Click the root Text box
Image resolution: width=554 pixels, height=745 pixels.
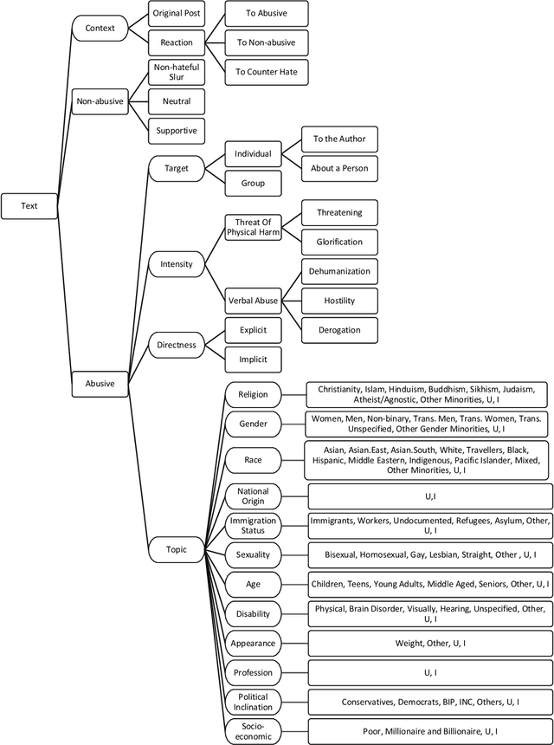click(29, 206)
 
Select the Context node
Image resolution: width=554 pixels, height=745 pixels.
click(99, 29)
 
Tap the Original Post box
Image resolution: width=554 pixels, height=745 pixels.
click(176, 14)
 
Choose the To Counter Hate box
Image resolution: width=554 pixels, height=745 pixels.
click(267, 72)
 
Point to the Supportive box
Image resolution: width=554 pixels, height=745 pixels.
click(176, 131)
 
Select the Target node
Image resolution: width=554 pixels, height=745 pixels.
click(177, 168)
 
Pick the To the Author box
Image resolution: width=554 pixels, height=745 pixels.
click(339, 139)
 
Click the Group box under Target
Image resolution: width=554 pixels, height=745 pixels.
click(253, 184)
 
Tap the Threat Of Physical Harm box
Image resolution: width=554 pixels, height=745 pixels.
click(253, 227)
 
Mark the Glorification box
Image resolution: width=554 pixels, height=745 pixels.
click(339, 242)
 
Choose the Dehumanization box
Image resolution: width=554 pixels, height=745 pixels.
click(339, 271)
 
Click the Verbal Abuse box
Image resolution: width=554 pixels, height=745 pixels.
click(253, 301)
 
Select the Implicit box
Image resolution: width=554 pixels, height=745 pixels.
click(253, 359)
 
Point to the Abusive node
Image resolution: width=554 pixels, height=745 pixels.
click(99, 382)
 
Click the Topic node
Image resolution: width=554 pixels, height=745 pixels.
click(177, 549)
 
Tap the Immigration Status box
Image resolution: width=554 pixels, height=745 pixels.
click(253, 525)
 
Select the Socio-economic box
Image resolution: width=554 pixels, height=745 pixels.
click(253, 731)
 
